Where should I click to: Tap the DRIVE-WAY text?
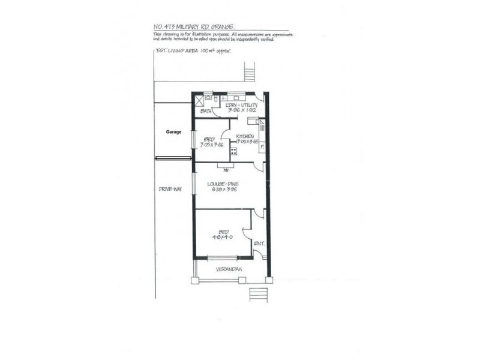[170, 189]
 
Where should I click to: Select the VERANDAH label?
[230, 269]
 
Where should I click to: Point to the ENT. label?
[259, 244]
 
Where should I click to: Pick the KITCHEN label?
[246, 136]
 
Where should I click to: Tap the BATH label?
[206, 111]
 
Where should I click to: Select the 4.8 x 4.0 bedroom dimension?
[223, 237]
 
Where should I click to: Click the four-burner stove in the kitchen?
[233, 151]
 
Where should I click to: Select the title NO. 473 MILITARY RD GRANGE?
[194, 26]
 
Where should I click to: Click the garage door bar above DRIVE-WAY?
[173, 158]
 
